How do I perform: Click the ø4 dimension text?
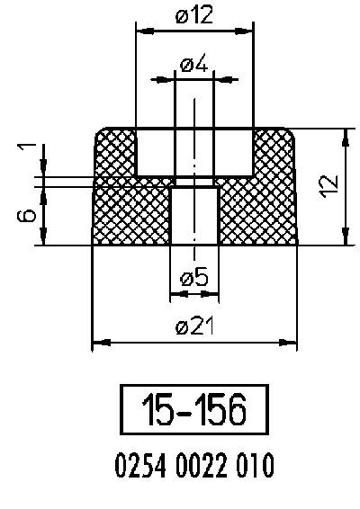point(193,65)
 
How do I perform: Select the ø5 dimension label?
point(193,278)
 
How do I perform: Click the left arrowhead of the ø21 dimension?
point(100,342)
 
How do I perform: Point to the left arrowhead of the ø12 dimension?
point(142,31)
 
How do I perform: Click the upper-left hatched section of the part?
point(115,153)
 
